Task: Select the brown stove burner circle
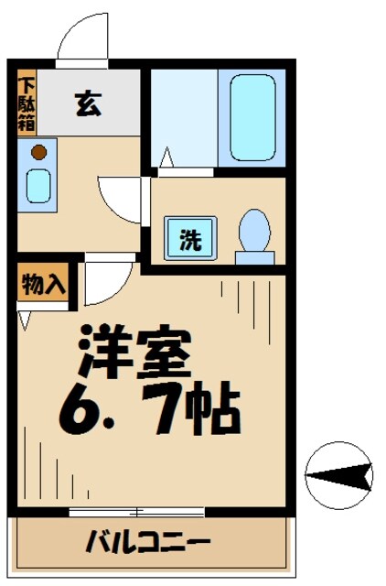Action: (38, 152)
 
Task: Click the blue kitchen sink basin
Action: (38, 185)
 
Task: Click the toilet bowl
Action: (253, 233)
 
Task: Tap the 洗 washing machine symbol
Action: (190, 240)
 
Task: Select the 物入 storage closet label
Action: (43, 285)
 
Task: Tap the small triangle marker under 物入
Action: (24, 320)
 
